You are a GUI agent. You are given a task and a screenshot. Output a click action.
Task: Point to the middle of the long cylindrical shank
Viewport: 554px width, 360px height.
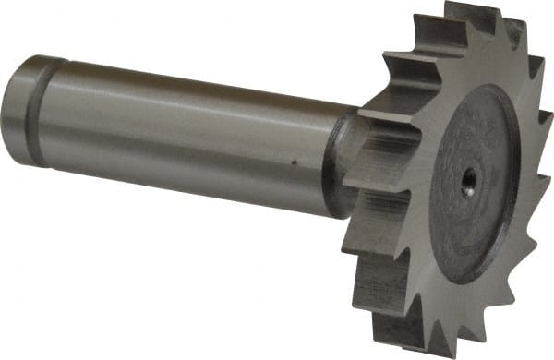[x=185, y=129]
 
